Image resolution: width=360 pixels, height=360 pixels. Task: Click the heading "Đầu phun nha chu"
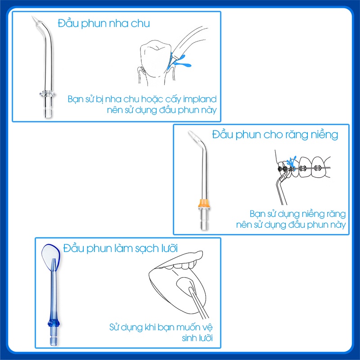pos(103,23)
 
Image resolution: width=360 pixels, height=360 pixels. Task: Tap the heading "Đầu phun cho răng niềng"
pos(275,135)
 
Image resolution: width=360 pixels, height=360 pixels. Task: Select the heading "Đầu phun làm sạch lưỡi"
pos(121,248)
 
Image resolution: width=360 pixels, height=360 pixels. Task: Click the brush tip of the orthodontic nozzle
pos(193,134)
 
